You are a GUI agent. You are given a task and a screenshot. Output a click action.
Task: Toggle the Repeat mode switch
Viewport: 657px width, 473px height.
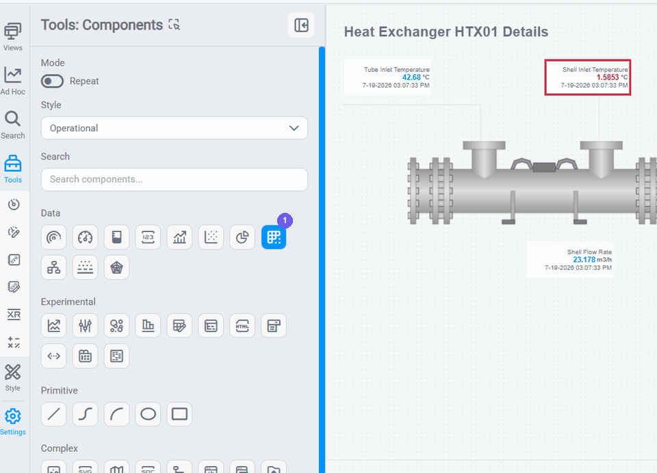tap(52, 81)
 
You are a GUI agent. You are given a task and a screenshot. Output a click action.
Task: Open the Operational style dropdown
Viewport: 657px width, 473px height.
tap(175, 128)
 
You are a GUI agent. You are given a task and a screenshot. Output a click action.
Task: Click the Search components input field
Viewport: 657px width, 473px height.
tap(175, 179)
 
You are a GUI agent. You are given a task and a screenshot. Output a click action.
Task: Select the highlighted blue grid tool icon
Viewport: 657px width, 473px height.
tap(274, 237)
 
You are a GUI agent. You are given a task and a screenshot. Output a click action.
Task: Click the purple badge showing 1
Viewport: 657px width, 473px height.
tap(285, 220)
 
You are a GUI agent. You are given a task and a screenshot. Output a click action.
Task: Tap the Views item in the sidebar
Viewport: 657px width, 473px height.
tap(13, 37)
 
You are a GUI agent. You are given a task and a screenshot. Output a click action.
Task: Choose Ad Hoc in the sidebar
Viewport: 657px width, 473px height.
tap(13, 81)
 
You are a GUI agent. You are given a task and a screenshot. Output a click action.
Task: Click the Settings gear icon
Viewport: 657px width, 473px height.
tap(13, 416)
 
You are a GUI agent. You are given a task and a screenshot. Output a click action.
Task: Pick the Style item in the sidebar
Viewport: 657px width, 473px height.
tap(12, 378)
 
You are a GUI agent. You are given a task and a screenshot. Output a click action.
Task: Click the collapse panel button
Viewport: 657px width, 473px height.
tap(301, 25)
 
